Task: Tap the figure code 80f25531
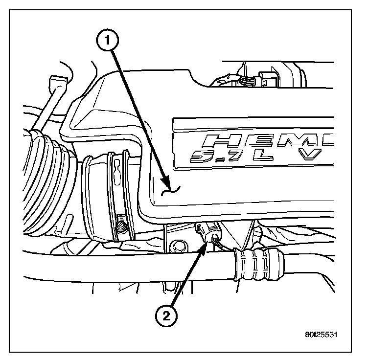[x=320, y=336]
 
